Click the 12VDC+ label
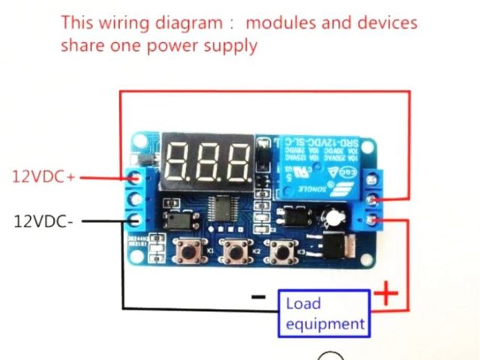(43, 177)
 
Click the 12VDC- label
(43, 221)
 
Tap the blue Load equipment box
(325, 313)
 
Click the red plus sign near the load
(386, 292)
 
